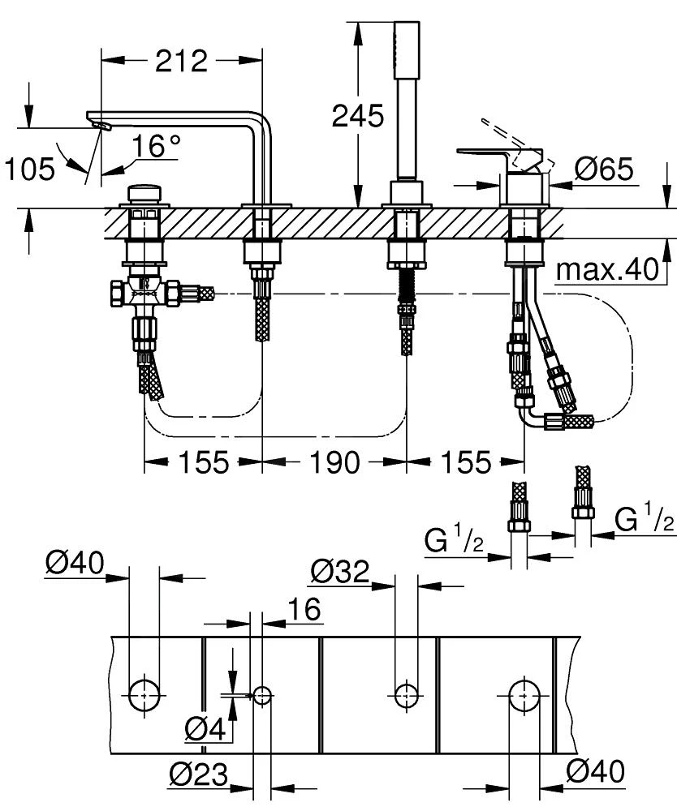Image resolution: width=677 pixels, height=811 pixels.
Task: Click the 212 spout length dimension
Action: pos(182,60)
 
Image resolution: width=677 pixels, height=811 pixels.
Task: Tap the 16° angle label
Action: pos(157,146)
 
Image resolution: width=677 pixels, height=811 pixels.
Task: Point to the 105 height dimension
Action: pos(30,169)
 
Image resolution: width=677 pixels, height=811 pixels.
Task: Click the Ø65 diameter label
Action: pos(604,169)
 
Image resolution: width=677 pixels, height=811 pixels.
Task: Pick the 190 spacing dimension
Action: pos(334,462)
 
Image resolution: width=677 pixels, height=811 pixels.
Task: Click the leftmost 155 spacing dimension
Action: pos(203,462)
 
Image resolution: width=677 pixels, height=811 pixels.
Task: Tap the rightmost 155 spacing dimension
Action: pos(466,462)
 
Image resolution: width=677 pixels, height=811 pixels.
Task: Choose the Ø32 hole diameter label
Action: pos(339,572)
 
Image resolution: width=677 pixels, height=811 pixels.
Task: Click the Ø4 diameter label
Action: pos(204,730)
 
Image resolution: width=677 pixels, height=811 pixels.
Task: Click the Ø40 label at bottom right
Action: pos(595,773)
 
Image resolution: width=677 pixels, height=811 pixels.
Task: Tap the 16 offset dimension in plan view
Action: pos(304,607)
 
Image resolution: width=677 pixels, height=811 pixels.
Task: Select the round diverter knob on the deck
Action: pos(144,195)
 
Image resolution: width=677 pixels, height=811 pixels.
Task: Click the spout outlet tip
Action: pos(99,124)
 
